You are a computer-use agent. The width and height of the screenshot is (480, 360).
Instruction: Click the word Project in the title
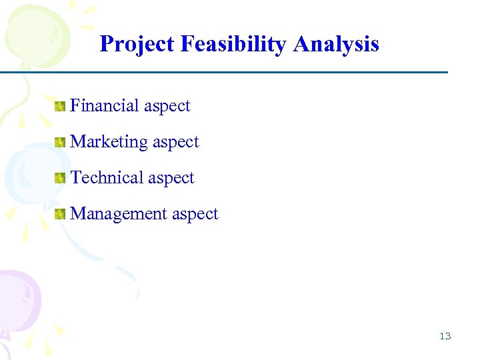coord(136,44)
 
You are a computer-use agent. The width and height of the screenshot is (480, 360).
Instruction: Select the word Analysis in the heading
coord(336,44)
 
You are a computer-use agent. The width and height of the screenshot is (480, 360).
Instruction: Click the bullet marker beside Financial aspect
coord(61,106)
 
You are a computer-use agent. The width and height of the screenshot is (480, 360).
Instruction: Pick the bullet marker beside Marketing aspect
coord(61,142)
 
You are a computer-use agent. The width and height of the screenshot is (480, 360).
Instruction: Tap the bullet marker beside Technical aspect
coord(61,178)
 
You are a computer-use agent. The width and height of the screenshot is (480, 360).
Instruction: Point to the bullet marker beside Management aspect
coord(61,214)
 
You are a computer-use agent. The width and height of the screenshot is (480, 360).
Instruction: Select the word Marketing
coord(109,141)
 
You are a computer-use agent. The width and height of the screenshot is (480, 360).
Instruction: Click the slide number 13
coord(445,336)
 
